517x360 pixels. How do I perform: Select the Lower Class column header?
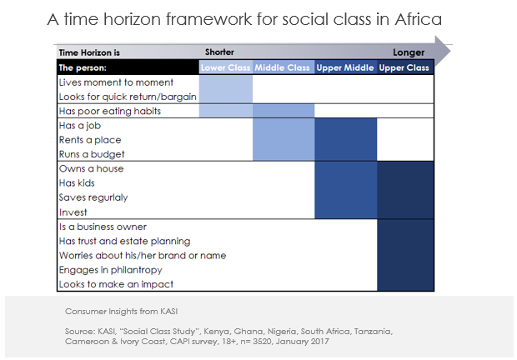(225, 67)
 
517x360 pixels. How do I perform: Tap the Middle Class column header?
(284, 67)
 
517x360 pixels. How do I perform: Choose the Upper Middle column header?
(345, 67)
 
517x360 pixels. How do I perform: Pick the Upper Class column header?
(405, 67)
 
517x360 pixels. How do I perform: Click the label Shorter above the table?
(220, 52)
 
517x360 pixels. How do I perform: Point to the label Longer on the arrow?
(409, 52)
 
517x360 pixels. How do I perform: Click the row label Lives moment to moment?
(116, 82)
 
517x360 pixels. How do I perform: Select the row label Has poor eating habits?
(109, 111)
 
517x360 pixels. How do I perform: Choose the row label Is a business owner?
(103, 227)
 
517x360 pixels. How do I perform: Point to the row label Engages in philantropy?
(110, 270)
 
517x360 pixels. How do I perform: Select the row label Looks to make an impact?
(110, 284)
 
